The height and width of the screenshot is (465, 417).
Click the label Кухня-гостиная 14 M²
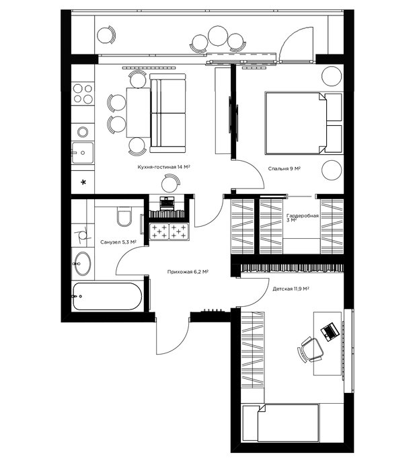click(x=163, y=167)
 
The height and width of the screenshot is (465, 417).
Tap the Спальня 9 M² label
click(x=285, y=168)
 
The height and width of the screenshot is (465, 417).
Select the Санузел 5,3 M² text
click(x=118, y=242)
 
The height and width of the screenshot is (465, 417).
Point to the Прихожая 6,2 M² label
click(x=188, y=271)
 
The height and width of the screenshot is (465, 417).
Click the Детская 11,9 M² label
click(x=291, y=289)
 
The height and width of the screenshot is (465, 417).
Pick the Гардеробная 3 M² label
click(x=302, y=218)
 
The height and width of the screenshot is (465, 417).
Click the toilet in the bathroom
click(x=124, y=215)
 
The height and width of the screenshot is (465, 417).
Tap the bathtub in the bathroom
click(x=108, y=296)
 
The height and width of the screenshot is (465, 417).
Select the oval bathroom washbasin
click(x=83, y=263)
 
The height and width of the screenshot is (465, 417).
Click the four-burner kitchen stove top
click(x=83, y=94)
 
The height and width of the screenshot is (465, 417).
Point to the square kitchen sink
click(x=83, y=153)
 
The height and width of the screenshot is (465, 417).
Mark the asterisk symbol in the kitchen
click(x=83, y=182)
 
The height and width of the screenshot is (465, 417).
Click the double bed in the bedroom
click(x=304, y=123)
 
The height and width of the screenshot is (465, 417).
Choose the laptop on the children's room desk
click(x=329, y=332)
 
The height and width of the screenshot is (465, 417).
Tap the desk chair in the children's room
click(x=310, y=350)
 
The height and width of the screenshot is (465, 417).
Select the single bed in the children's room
click(x=280, y=423)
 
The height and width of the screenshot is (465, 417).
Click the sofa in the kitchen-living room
click(x=167, y=112)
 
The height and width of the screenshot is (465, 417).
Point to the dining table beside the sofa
click(x=138, y=112)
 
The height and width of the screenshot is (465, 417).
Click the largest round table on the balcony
click(x=218, y=36)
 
